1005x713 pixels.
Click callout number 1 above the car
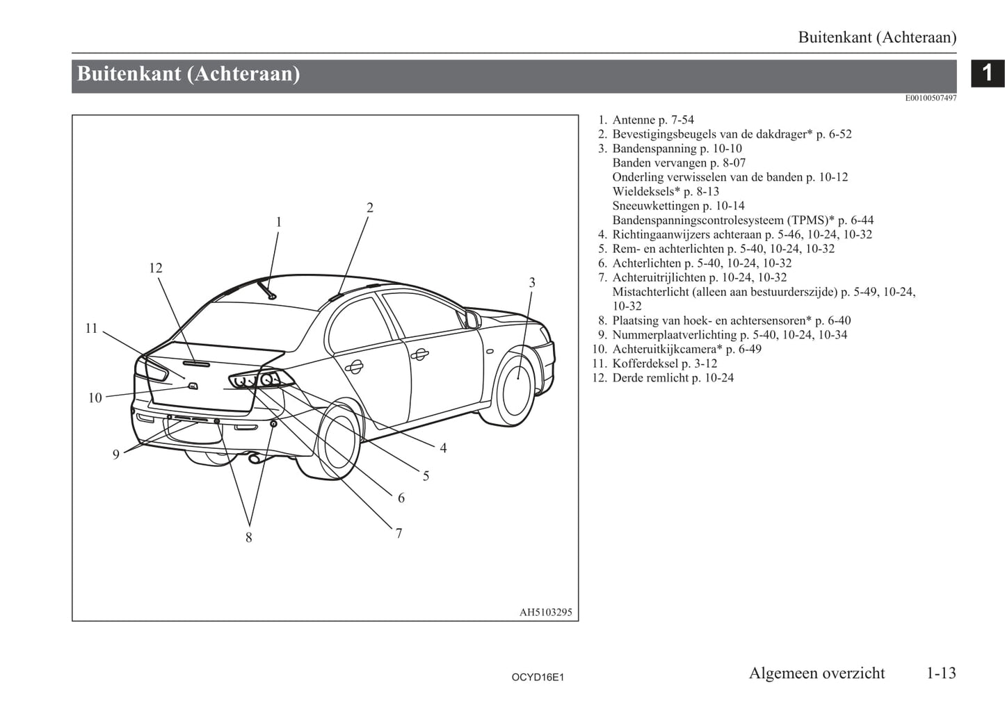point(278,222)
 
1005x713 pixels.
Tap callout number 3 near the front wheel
point(532,283)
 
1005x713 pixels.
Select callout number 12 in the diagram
point(155,268)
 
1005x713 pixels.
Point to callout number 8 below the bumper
point(248,537)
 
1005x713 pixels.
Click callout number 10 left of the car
point(95,398)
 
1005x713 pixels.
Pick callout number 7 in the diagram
point(399,534)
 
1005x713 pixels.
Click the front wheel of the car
point(517,388)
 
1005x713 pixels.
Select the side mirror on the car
point(472,319)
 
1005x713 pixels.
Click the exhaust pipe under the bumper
point(254,459)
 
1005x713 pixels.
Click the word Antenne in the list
point(634,120)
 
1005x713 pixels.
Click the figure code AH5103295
point(545,612)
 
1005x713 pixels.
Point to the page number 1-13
point(941,673)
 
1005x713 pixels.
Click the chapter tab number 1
point(987,72)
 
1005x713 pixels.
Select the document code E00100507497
point(931,98)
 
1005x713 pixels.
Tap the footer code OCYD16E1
point(537,677)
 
